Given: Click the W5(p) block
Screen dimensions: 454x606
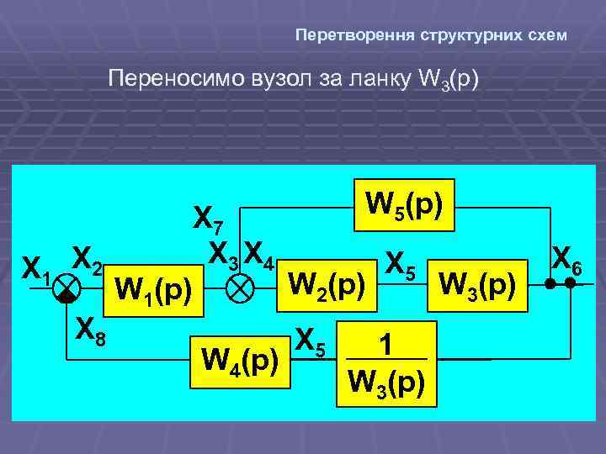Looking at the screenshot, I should click(405, 204).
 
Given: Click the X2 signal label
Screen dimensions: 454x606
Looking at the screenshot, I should click(87, 258).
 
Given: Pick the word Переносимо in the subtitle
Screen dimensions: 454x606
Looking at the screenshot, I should click(172, 79).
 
